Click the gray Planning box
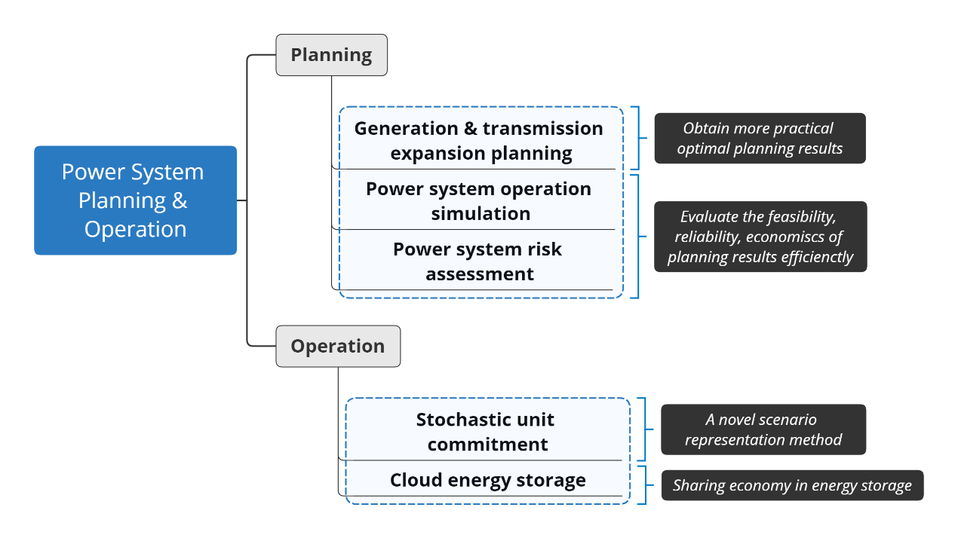pos(331,55)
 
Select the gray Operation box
pos(338,346)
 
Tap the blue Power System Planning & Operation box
pos(135,200)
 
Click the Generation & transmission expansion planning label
pos(479,141)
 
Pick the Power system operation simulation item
pos(479,201)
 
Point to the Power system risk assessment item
pos(478,261)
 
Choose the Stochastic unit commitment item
pos(486,432)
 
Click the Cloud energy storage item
pos(487,480)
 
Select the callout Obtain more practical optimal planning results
pos(760,138)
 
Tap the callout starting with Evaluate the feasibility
pos(760,237)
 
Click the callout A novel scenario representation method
pos(763,429)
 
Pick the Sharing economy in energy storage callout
pos(793,485)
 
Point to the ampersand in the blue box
pos(180,200)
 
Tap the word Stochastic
pos(459,420)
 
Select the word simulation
pos(481,213)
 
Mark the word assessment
pos(480,274)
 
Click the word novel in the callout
pos(737,420)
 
